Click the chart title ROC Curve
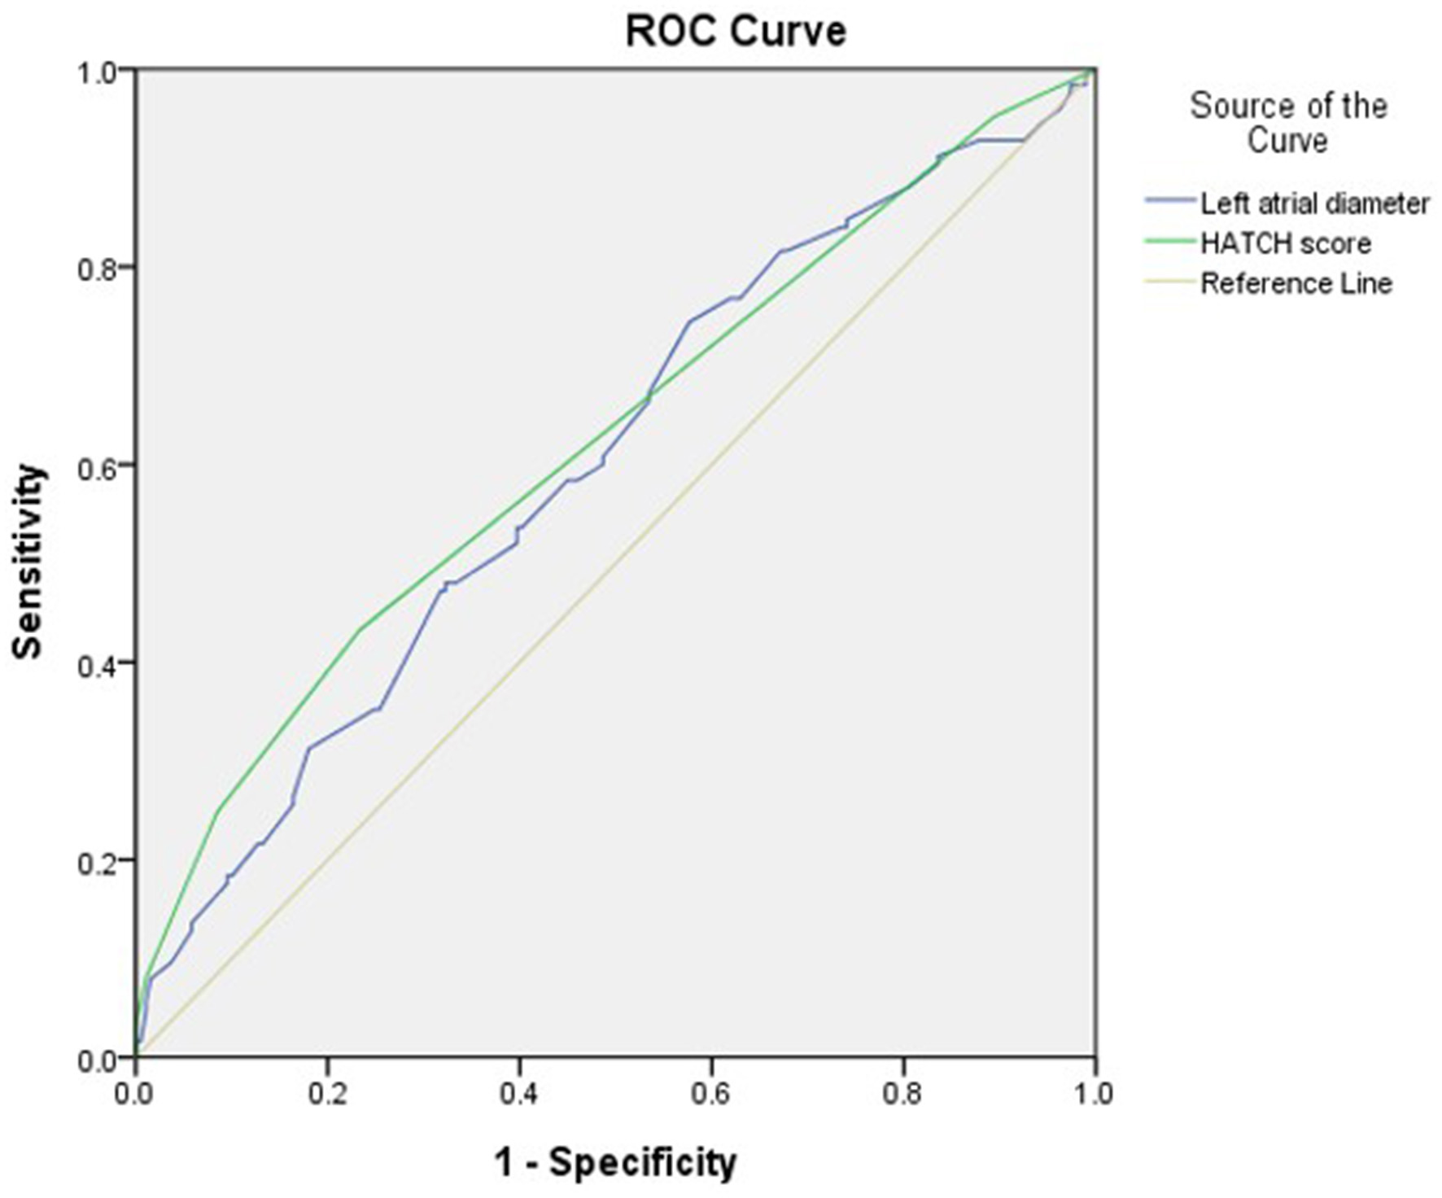click(x=736, y=32)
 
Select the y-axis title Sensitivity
click(x=28, y=562)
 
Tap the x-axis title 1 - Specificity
click(x=615, y=1161)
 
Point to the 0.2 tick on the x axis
click(x=327, y=1093)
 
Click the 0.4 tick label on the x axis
click(x=519, y=1093)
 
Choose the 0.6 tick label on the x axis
click(x=711, y=1093)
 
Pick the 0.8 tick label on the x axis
click(x=903, y=1093)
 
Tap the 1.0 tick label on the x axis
click(x=1094, y=1093)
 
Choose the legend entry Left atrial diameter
click(x=1314, y=203)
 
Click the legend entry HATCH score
click(x=1286, y=243)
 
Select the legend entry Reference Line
click(x=1296, y=283)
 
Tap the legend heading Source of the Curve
click(x=1288, y=122)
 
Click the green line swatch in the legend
click(x=1170, y=241)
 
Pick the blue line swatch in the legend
click(x=1170, y=200)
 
